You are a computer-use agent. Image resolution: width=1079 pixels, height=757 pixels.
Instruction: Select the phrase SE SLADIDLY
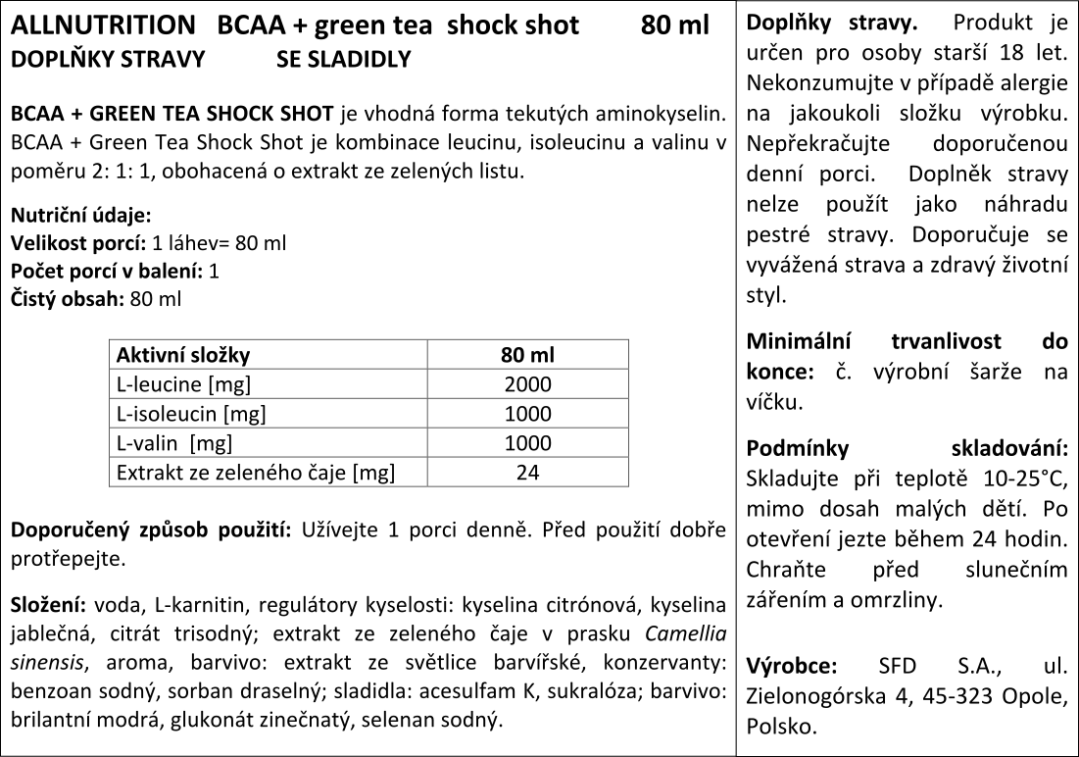pyautogui.click(x=343, y=60)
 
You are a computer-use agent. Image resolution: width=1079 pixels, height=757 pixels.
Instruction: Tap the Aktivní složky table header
pyautogui.click(x=183, y=355)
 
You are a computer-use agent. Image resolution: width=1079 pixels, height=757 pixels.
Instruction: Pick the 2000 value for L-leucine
pyautogui.click(x=527, y=384)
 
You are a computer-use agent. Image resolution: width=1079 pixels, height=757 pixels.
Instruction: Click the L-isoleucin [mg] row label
pyautogui.click(x=191, y=414)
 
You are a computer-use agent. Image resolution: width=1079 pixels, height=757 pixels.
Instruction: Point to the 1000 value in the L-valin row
pyautogui.click(x=527, y=443)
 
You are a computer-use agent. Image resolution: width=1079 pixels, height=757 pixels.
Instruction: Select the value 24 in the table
pyautogui.click(x=527, y=473)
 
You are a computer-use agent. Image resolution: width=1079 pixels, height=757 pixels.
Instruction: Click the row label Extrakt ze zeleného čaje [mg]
pyautogui.click(x=255, y=473)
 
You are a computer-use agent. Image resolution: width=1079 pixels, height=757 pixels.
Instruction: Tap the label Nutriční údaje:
pyautogui.click(x=80, y=216)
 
